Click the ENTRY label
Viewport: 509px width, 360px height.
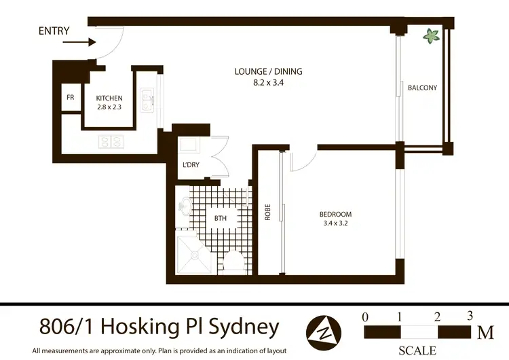pos(54,31)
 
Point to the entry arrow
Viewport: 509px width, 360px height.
pos(79,42)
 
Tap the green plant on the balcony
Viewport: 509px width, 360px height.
pos(431,36)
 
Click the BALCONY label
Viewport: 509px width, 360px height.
pos(422,88)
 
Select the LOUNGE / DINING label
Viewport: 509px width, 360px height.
pos(269,71)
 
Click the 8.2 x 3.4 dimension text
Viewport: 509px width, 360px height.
pos(269,82)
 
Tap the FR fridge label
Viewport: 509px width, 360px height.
pos(70,97)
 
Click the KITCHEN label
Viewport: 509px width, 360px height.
pos(109,98)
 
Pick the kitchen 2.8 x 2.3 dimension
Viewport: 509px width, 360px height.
pos(109,107)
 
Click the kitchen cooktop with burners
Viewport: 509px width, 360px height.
pos(111,142)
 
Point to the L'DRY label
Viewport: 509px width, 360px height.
pos(191,165)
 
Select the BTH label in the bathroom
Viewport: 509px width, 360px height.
pos(221,218)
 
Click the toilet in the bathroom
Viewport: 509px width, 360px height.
pos(235,262)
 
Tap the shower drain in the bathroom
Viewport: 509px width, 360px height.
pos(194,255)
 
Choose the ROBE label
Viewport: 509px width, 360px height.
pos(268,212)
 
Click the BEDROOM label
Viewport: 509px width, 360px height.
pos(335,215)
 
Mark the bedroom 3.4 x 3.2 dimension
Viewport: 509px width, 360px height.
pos(335,223)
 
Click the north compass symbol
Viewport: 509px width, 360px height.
pos(324,332)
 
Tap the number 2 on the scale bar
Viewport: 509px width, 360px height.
pos(437,317)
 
